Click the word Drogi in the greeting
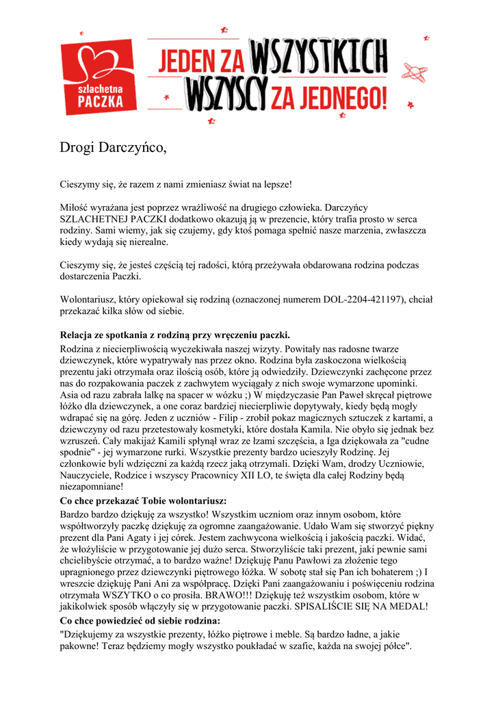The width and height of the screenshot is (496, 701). point(77,147)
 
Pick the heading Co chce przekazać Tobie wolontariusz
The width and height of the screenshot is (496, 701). point(143,501)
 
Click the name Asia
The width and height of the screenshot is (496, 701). point(70,394)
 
